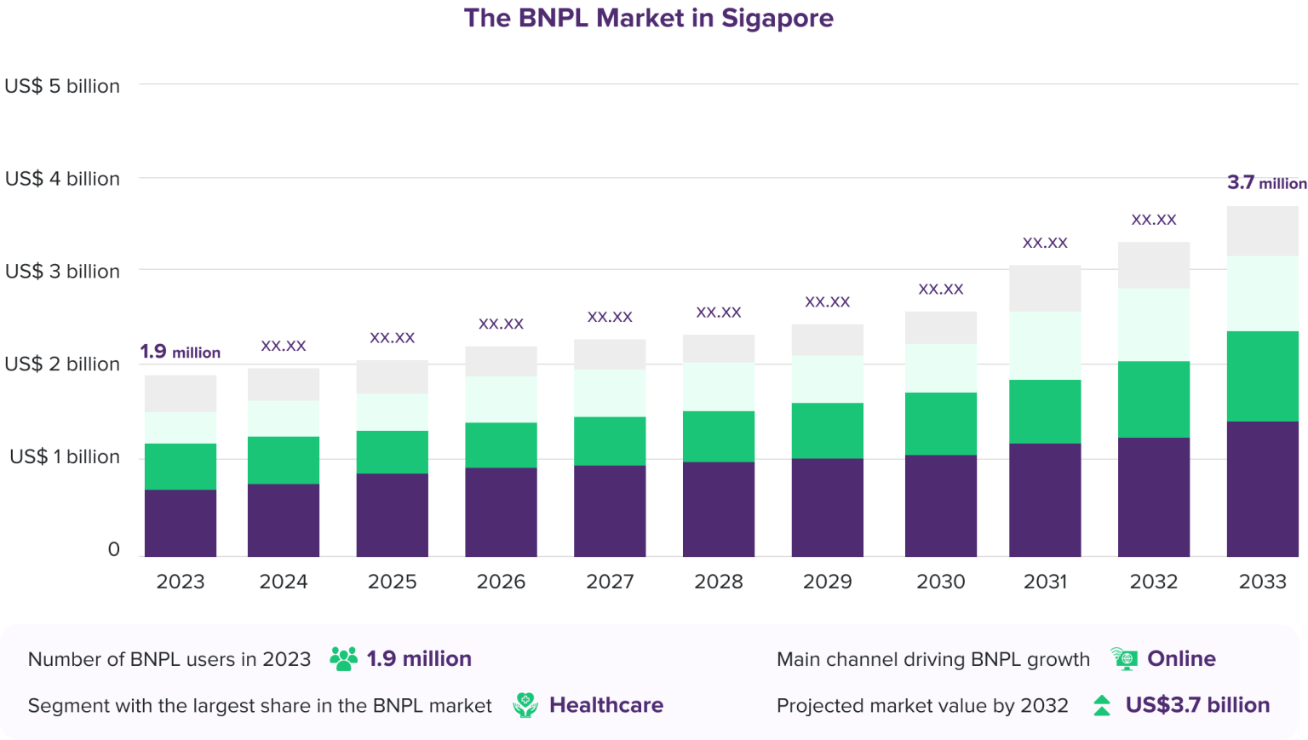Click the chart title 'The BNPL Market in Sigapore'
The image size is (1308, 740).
point(648,18)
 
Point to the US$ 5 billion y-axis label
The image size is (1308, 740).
point(62,86)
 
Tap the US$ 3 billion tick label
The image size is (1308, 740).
point(62,272)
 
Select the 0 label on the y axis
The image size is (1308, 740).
point(113,549)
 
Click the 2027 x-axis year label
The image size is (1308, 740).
point(610,582)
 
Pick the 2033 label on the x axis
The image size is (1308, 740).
point(1262,582)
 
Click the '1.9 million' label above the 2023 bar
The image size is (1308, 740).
point(180,352)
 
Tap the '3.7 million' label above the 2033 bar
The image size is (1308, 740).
point(1266,183)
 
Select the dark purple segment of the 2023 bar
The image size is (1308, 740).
point(181,523)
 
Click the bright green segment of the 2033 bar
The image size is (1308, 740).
point(1262,376)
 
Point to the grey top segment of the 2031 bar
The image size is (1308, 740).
point(1045,288)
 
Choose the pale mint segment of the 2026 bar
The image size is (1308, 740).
point(501,399)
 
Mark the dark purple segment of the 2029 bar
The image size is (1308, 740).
point(828,508)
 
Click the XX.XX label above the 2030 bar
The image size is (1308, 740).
point(941,290)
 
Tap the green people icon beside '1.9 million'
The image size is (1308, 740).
point(343,659)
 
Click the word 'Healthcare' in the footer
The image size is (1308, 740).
point(605,705)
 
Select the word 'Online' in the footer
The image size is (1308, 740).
point(1181,658)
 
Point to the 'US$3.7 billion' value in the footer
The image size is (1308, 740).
point(1197,705)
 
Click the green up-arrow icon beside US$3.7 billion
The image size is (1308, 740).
point(1102,705)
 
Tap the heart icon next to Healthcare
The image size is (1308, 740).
point(525,705)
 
